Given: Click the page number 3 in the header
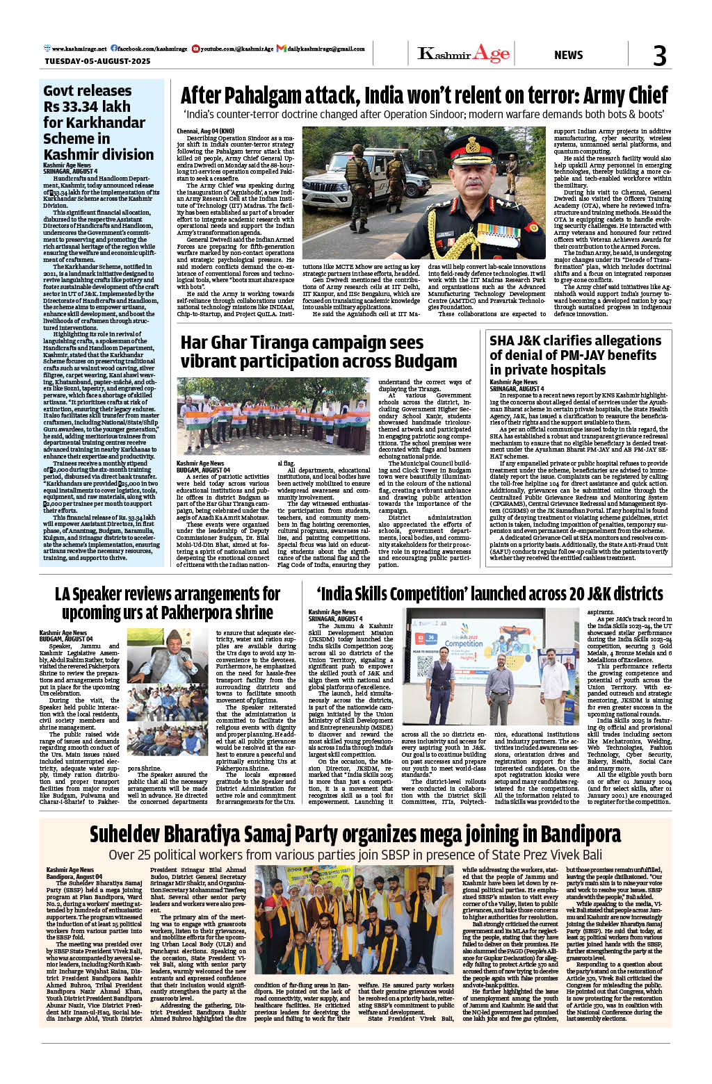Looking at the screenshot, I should tap(659, 56).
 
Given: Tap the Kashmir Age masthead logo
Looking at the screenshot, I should tap(463, 54).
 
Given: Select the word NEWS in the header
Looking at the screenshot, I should tap(568, 55).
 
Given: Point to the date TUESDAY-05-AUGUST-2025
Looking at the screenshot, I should tap(97, 61).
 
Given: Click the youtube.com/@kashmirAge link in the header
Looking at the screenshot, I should tap(236, 49).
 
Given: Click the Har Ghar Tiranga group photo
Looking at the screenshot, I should tap(273, 416).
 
